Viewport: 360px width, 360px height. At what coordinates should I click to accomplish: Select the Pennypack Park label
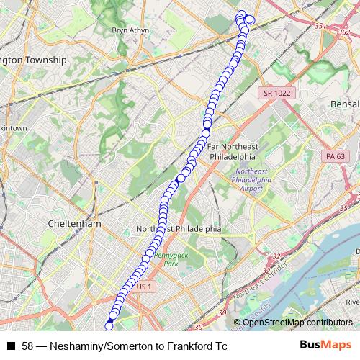166,259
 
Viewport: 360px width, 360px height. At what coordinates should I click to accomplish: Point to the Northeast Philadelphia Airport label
248,179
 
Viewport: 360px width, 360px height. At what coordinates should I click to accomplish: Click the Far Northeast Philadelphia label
232,151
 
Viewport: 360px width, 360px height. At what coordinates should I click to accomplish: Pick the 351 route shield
320,26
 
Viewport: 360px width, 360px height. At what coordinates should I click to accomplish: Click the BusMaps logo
327,346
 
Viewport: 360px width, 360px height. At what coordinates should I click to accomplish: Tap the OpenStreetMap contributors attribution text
297,323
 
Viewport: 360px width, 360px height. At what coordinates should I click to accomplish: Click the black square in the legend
11,346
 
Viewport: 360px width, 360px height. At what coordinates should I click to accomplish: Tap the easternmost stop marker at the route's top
250,19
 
